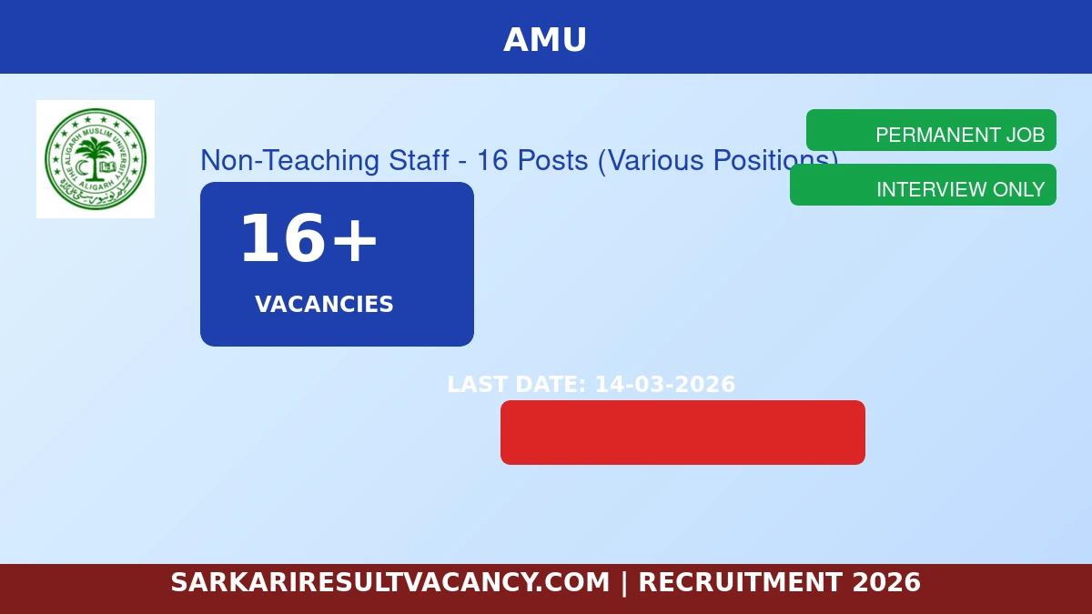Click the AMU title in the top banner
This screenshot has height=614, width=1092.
click(545, 40)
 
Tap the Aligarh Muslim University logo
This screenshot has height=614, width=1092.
click(96, 159)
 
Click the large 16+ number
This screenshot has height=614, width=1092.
click(308, 239)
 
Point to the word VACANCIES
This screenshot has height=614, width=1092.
click(324, 305)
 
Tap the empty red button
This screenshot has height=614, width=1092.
click(682, 432)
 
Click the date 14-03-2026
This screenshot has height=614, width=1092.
click(664, 385)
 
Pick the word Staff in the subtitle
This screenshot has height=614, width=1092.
click(419, 160)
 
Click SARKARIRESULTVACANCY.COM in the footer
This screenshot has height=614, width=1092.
click(389, 582)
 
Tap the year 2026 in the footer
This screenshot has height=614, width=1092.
click(886, 582)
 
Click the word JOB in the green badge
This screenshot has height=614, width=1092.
click(1025, 135)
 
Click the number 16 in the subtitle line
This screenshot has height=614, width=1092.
click(491, 160)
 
